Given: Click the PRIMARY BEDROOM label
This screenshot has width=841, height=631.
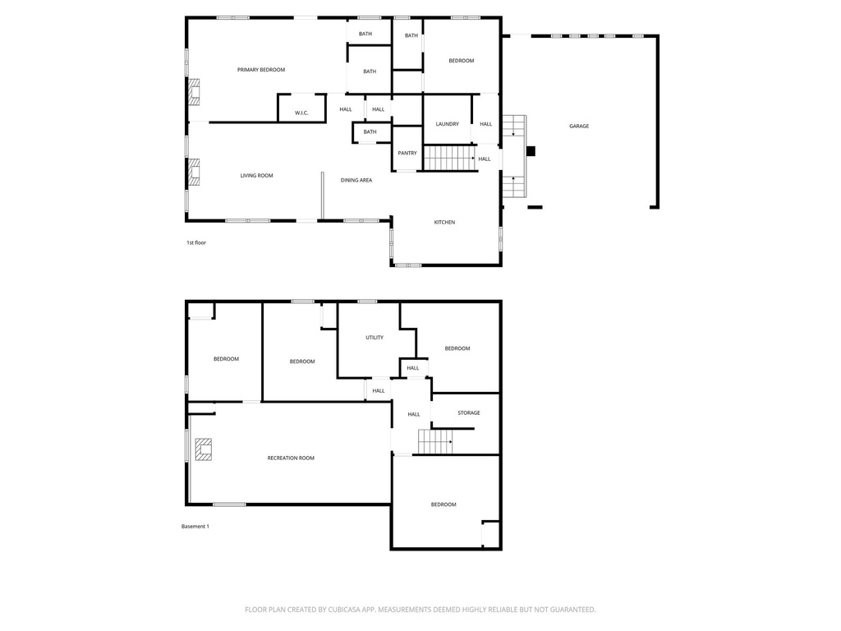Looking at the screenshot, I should coord(261,70).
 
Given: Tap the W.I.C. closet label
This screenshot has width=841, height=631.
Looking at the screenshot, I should coord(301,113).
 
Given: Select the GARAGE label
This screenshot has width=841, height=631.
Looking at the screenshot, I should coord(579,127).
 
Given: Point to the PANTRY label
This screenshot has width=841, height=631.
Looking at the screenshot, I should coord(407,154).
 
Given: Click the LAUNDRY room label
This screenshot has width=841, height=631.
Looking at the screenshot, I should coord(448,124).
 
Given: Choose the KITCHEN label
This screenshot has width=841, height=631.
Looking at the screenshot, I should coord(444,223).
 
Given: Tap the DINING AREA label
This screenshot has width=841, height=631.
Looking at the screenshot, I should coord(356,180).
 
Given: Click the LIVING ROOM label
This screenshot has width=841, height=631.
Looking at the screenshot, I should coord(256,176).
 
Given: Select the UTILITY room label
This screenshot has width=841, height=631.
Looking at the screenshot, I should coord(375,338).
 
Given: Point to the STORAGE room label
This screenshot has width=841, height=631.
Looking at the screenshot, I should coord(469,413).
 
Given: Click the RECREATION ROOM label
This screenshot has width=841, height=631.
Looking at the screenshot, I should coord(291,458).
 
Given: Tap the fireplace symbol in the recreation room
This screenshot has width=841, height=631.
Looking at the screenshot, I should coord(203,450).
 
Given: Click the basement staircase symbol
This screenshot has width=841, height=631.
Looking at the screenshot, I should coord(435,442).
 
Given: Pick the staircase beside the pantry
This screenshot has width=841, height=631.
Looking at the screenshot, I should coord(449,157).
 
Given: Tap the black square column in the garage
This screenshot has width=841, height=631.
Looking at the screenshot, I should coord(531,151).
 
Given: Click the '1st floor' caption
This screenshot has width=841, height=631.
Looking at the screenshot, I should coord(195,243).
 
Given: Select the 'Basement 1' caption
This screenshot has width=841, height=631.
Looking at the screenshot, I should coord(195,527).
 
